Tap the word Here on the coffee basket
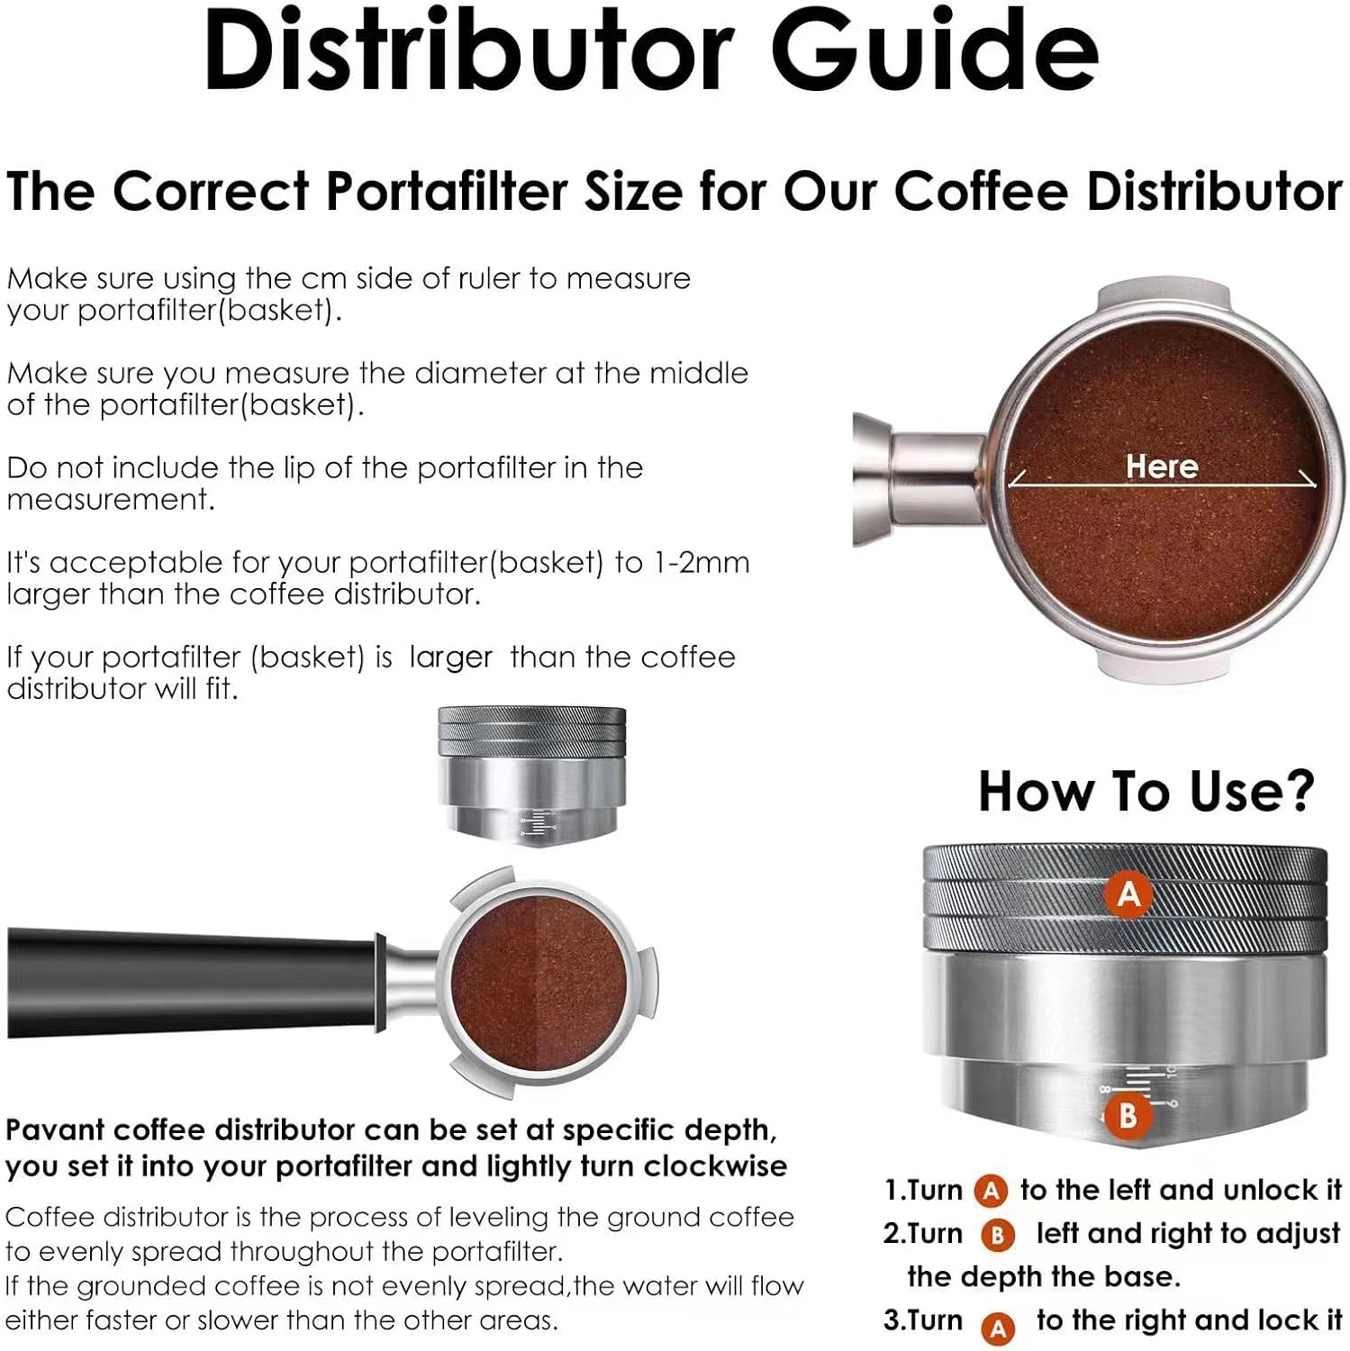tap(1161, 466)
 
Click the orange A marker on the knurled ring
tap(1128, 893)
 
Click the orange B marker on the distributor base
tap(1127, 1116)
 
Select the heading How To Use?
tap(1146, 791)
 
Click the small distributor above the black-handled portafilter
tap(531, 775)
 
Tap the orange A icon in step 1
tap(991, 1192)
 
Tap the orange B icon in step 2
tap(997, 1235)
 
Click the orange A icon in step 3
tap(998, 1327)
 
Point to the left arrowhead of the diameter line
tap(1013, 480)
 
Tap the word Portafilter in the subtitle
tap(453, 191)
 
